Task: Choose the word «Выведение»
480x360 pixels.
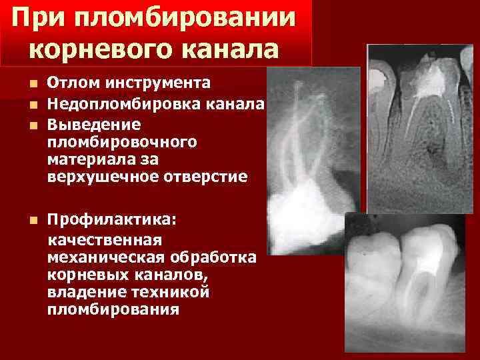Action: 94,125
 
